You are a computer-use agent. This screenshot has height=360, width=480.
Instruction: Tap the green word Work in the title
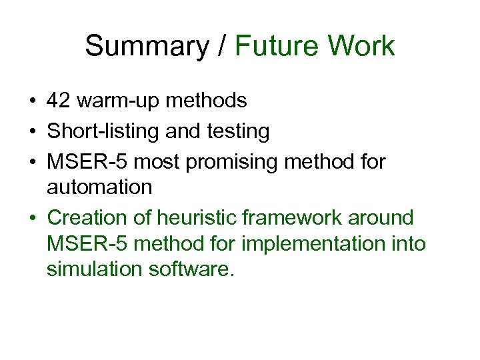click(x=363, y=47)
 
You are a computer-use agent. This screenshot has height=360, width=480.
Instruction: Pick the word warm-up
click(x=114, y=101)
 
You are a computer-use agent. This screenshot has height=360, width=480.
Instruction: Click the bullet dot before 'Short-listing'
click(x=32, y=132)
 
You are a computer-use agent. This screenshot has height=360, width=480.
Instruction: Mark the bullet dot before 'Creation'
click(x=32, y=218)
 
